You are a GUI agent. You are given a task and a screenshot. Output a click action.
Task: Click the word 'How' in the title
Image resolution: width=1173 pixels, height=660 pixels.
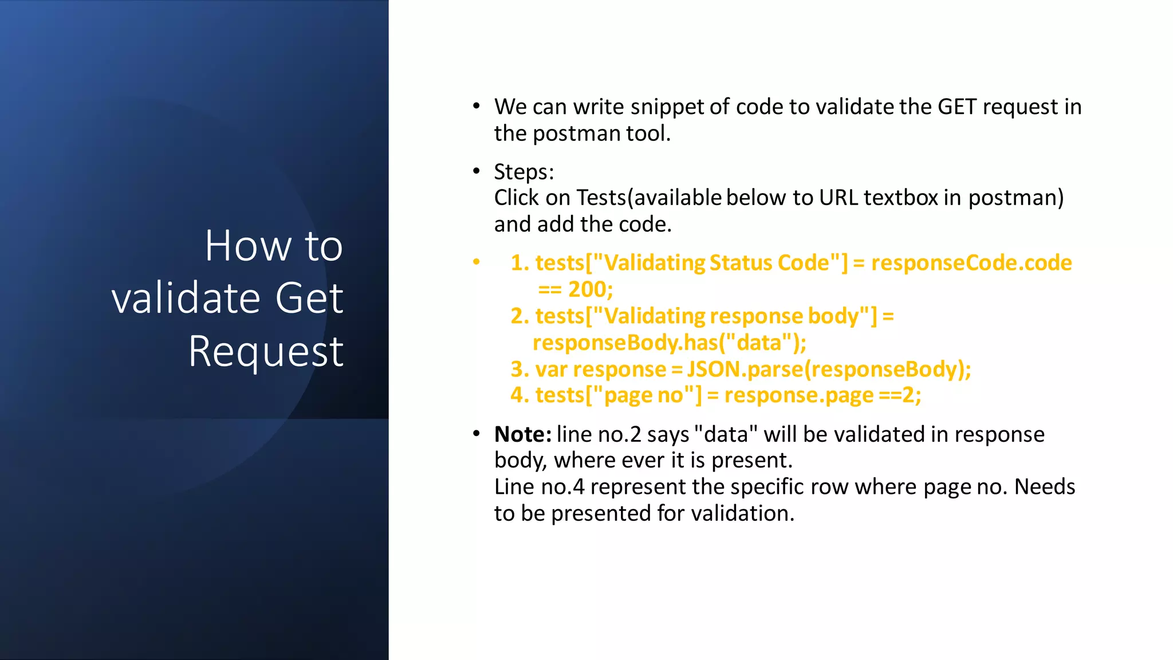coord(249,246)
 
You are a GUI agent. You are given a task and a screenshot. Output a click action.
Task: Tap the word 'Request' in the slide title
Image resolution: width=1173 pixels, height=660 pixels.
coord(266,351)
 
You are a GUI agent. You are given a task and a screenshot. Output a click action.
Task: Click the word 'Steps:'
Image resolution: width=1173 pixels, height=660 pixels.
coord(524,172)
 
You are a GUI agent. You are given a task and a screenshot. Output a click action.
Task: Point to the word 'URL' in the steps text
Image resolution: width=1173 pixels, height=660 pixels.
coord(838,198)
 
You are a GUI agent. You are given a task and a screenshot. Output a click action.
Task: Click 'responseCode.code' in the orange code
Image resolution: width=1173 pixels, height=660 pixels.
coord(971,263)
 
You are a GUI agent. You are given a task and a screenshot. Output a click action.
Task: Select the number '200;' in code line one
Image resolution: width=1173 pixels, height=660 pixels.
coord(590,289)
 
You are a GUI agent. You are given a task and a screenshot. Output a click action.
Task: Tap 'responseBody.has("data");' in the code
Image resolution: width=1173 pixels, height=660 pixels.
coord(669,343)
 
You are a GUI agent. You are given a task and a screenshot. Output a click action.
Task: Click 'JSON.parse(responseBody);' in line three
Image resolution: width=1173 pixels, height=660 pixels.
coord(829,369)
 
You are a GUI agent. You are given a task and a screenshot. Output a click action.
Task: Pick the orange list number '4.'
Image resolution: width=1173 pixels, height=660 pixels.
coord(519,395)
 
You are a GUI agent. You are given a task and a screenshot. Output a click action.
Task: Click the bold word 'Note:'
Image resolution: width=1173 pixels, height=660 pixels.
coord(522,434)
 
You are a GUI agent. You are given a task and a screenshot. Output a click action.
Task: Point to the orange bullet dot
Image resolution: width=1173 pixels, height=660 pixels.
coord(476,262)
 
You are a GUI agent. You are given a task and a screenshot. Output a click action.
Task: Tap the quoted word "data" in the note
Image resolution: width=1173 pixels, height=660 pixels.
coord(726,434)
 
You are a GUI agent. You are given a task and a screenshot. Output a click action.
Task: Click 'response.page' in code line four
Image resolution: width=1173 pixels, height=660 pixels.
coord(799,395)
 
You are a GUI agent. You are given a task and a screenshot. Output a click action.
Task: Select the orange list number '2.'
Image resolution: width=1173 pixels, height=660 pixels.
coord(519,316)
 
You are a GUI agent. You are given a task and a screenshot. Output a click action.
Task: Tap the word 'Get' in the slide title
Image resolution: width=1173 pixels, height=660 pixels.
coord(309,298)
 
